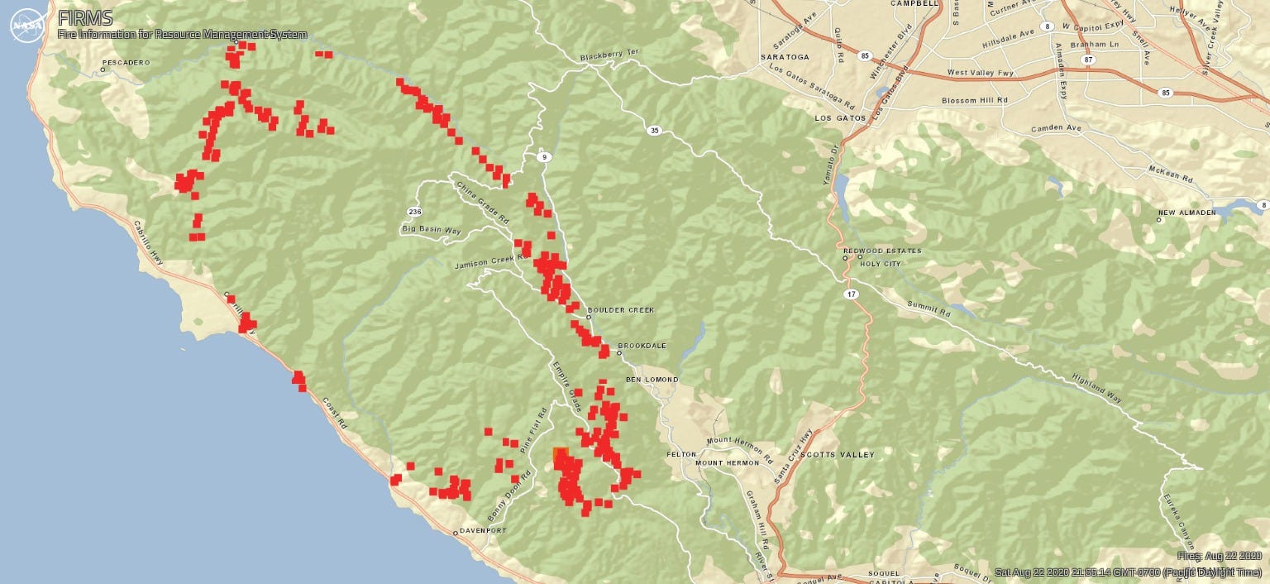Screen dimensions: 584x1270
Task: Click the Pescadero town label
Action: point(126,63)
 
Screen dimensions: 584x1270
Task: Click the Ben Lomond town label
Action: point(652,380)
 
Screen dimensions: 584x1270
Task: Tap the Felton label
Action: point(681,455)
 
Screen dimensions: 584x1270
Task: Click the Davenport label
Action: point(483,530)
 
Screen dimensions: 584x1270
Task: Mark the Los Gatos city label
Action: point(839,118)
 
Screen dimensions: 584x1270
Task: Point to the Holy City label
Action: point(880,264)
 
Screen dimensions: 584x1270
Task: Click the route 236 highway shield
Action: point(414,212)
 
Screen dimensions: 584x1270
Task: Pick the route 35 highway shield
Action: point(655,131)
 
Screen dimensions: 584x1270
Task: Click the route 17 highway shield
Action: point(851,294)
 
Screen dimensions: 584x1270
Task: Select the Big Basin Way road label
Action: point(430,228)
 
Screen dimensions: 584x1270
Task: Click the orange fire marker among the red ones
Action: point(560,454)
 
